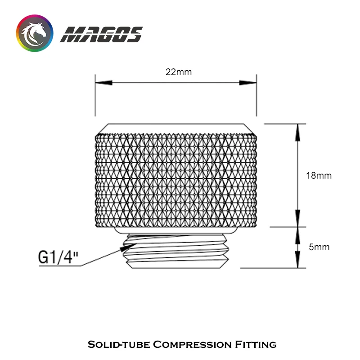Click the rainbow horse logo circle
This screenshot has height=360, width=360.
click(x=35, y=33)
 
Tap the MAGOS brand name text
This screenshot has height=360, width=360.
click(x=101, y=35)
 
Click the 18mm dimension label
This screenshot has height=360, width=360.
click(x=319, y=175)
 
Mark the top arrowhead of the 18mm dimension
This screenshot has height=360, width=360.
click(x=297, y=130)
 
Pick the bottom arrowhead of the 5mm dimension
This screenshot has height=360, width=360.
click(x=297, y=261)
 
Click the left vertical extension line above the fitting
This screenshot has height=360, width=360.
click(x=95, y=97)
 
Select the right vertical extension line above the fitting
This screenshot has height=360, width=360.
click(x=256, y=97)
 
